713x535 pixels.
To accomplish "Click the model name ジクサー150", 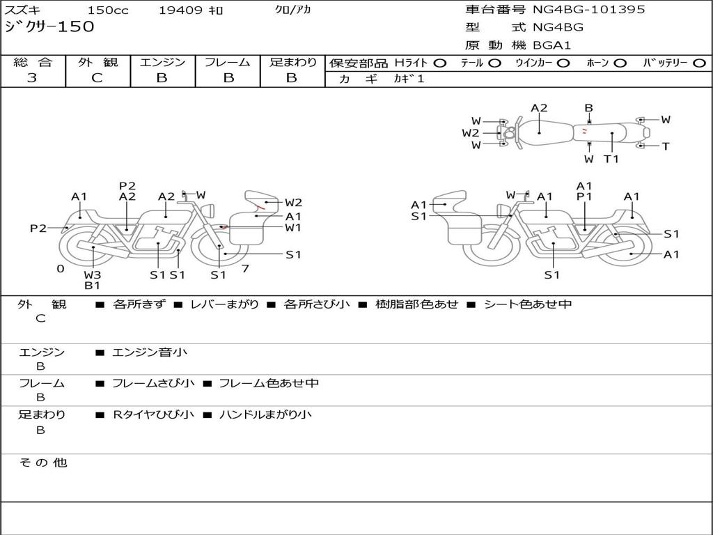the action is (49, 27).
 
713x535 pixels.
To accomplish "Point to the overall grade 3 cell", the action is (32, 78).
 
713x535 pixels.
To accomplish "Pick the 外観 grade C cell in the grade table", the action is (97, 78).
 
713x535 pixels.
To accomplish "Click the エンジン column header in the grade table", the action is (162, 63).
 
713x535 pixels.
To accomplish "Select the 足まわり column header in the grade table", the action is (292, 63).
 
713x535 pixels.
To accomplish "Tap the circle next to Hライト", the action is (440, 63).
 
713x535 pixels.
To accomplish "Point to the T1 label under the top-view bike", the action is (611, 159).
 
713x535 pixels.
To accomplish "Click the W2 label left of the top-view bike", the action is (471, 132).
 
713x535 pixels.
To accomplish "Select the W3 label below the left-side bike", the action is (93, 274).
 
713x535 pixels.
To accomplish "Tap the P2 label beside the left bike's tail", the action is (38, 228).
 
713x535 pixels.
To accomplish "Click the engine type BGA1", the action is (552, 45).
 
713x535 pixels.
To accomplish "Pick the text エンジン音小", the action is (150, 352).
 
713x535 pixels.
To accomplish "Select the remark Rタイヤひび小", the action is (153, 414).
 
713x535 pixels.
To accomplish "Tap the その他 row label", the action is (43, 463).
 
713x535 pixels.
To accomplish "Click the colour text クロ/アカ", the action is (293, 10).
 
